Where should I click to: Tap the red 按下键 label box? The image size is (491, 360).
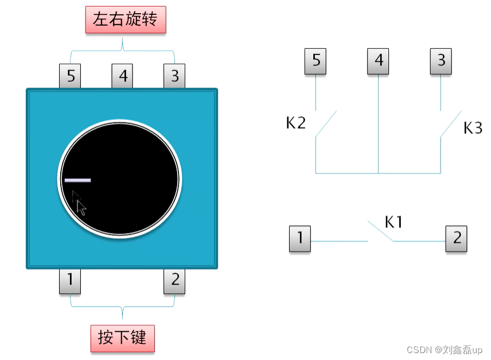point(122,338)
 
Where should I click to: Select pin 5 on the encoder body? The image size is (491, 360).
point(70,76)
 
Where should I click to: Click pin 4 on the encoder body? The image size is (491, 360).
point(122,76)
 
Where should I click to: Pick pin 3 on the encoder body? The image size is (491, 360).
point(174,76)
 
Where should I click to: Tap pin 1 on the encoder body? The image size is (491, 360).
point(70,281)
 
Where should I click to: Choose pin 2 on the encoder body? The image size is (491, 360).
point(174,281)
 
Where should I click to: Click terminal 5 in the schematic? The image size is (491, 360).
point(315,61)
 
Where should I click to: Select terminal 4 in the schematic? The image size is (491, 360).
point(378,61)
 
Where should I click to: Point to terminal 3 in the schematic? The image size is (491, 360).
point(441,61)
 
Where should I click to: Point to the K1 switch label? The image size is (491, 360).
point(393,222)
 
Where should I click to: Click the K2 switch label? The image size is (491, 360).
point(296,123)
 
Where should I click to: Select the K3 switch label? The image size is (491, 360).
point(473,128)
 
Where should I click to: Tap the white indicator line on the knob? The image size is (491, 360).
point(77,180)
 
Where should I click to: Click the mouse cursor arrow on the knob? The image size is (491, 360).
point(80,205)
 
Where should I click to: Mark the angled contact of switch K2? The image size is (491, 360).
point(326,123)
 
